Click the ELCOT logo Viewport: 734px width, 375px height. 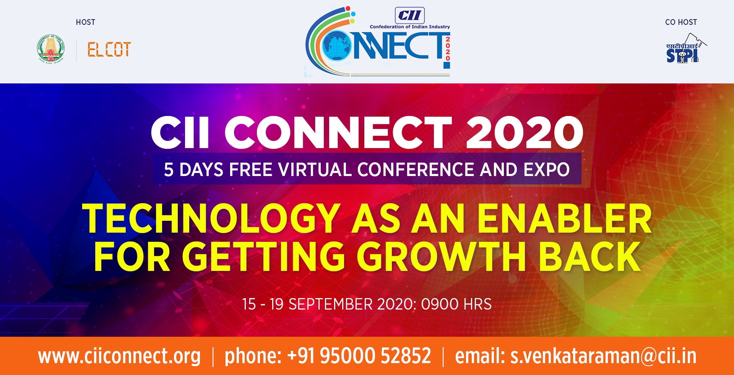pyautogui.click(x=109, y=49)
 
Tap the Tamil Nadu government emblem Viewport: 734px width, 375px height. pyautogui.click(x=51, y=49)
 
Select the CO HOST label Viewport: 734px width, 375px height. pyautogui.click(x=681, y=22)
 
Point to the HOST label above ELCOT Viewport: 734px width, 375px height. pyautogui.click(x=85, y=22)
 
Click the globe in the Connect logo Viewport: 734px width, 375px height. pyautogui.click(x=337, y=46)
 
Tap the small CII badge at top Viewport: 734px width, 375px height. pyautogui.click(x=410, y=15)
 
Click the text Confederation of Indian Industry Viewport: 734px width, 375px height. pyautogui.click(x=410, y=27)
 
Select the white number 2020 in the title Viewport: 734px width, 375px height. pyautogui.click(x=525, y=132)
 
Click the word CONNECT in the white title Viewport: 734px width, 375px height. pyautogui.click(x=338, y=132)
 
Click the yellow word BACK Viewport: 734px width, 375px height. pyautogui.click(x=589, y=256)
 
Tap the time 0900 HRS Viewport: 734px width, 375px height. pyautogui.click(x=456, y=304)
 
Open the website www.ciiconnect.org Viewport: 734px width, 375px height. pyautogui.click(x=119, y=356)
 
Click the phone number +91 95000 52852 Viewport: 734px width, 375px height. pyautogui.click(x=359, y=356)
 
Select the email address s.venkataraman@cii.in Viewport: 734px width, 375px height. pyautogui.click(x=603, y=356)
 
